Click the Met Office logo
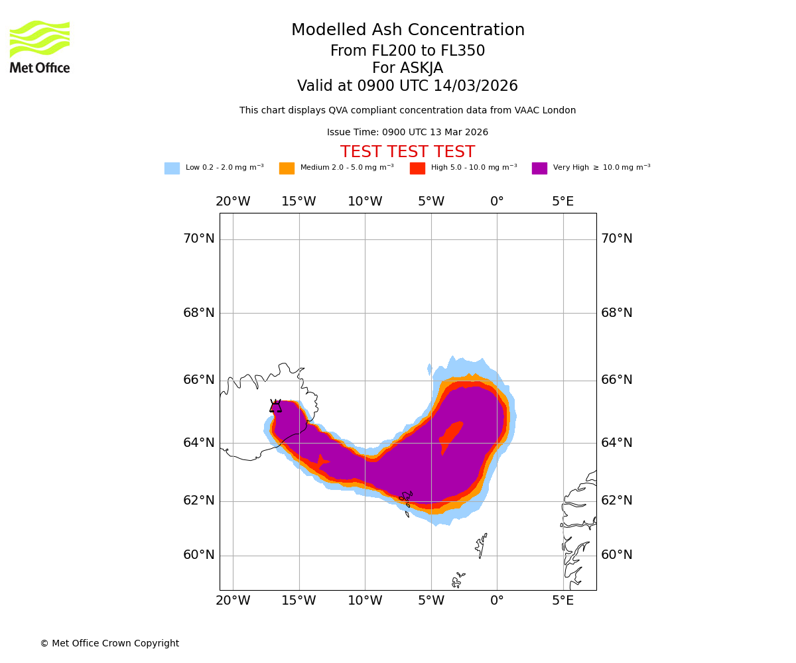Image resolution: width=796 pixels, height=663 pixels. point(40,47)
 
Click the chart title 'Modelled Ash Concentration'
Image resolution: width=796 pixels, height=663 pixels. point(408,30)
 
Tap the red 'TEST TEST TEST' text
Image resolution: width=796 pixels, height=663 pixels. point(407,152)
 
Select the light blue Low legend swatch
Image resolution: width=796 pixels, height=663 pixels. point(172,168)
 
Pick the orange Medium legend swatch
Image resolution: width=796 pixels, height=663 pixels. point(287,168)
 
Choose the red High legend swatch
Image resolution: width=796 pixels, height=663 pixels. point(417,168)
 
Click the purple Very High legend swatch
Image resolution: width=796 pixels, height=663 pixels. point(539,168)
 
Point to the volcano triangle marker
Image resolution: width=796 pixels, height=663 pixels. point(275,406)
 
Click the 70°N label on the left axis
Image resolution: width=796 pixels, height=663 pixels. point(199,239)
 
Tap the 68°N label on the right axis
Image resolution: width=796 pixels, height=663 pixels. point(617,313)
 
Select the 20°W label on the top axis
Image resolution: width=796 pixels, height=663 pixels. point(233,202)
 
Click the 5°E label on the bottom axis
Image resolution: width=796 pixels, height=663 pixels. point(563,601)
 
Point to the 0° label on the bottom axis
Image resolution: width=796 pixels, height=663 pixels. point(497,601)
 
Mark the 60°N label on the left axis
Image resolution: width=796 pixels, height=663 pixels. point(199,555)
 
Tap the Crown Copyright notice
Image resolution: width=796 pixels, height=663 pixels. point(109,644)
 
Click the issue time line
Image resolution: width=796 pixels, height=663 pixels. point(407,133)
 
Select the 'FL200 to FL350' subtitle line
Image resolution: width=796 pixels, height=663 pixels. point(407,51)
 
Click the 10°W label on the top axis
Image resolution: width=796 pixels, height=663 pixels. point(365,202)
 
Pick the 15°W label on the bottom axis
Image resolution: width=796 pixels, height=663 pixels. point(298,601)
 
